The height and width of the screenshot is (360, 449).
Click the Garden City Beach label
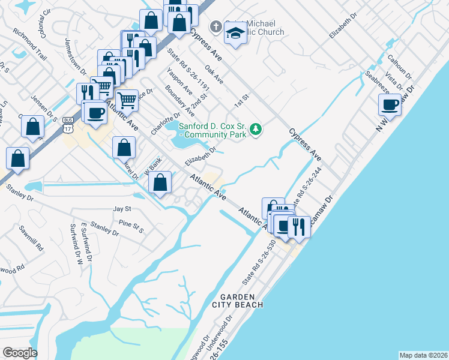point(241,301)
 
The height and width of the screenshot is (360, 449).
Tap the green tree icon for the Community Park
point(256,128)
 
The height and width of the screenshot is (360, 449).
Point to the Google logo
point(20,353)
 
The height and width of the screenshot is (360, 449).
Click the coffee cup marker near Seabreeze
point(390,104)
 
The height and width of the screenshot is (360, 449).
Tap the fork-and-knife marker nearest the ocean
point(298,226)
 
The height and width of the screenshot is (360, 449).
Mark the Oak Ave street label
point(214,75)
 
